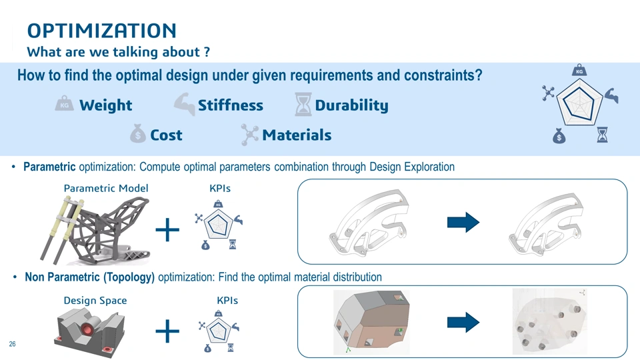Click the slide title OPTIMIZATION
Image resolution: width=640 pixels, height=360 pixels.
coord(101,31)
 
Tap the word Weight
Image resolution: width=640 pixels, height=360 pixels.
coord(106,105)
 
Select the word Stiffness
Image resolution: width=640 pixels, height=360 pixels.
coord(231,105)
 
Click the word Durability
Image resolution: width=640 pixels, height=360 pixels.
coord(351,106)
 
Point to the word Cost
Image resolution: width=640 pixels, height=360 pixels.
coord(166,135)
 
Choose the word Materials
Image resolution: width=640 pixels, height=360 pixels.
coord(297,135)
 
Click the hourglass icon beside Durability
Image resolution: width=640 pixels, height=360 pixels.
coord(303,104)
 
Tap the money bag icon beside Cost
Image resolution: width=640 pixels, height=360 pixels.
coord(137,133)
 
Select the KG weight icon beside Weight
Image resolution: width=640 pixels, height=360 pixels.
coord(65,104)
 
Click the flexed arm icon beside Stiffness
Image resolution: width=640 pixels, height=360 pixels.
coord(185,104)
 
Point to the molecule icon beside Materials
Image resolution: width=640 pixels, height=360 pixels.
coord(249,135)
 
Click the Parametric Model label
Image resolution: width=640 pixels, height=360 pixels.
coord(106,188)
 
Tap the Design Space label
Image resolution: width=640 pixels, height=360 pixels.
coord(95,301)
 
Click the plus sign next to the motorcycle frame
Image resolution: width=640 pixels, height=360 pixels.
coord(167,230)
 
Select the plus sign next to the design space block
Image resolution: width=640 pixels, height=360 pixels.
coord(167,331)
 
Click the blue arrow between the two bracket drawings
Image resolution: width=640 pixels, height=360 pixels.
coord(463,223)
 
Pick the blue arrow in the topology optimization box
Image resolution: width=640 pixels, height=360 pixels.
coord(463,323)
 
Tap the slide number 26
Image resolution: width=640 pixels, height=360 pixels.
coord(12,344)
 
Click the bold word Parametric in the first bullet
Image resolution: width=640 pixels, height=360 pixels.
coord(49,167)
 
